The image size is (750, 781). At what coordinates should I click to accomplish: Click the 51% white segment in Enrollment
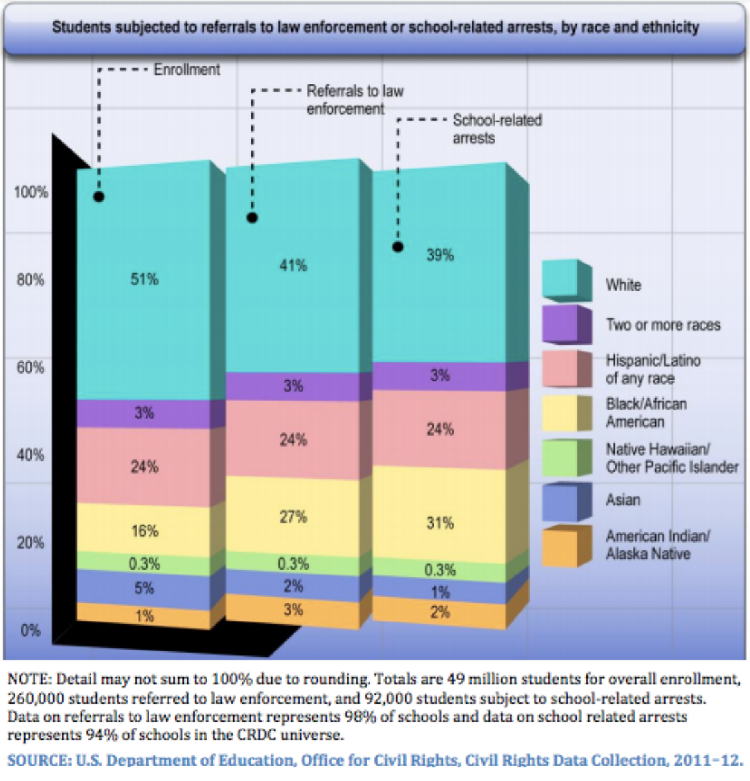coord(144,280)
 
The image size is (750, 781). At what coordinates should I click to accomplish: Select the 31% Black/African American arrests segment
coord(440,523)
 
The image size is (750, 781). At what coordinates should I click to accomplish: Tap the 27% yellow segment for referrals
coord(293,517)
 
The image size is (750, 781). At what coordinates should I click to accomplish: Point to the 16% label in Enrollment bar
coord(144,531)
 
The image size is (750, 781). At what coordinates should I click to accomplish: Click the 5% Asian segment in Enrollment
coord(144,588)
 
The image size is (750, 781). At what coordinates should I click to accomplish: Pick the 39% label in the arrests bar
coord(440,255)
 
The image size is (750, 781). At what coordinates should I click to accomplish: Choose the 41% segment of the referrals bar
coord(293,265)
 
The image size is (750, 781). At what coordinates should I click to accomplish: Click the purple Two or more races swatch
coord(562,324)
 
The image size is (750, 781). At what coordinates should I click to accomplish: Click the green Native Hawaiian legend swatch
coord(562,458)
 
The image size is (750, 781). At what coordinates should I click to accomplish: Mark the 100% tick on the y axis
coord(31,192)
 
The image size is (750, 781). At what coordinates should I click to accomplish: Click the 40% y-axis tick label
coord(31,455)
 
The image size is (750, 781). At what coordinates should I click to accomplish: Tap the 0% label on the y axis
coord(31,630)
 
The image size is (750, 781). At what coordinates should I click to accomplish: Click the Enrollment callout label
coord(187,70)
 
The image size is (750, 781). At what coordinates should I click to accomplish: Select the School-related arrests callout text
coord(496,129)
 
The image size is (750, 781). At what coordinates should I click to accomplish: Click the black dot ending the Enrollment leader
coord(99,197)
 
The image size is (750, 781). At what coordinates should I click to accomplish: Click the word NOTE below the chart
coord(28,679)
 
